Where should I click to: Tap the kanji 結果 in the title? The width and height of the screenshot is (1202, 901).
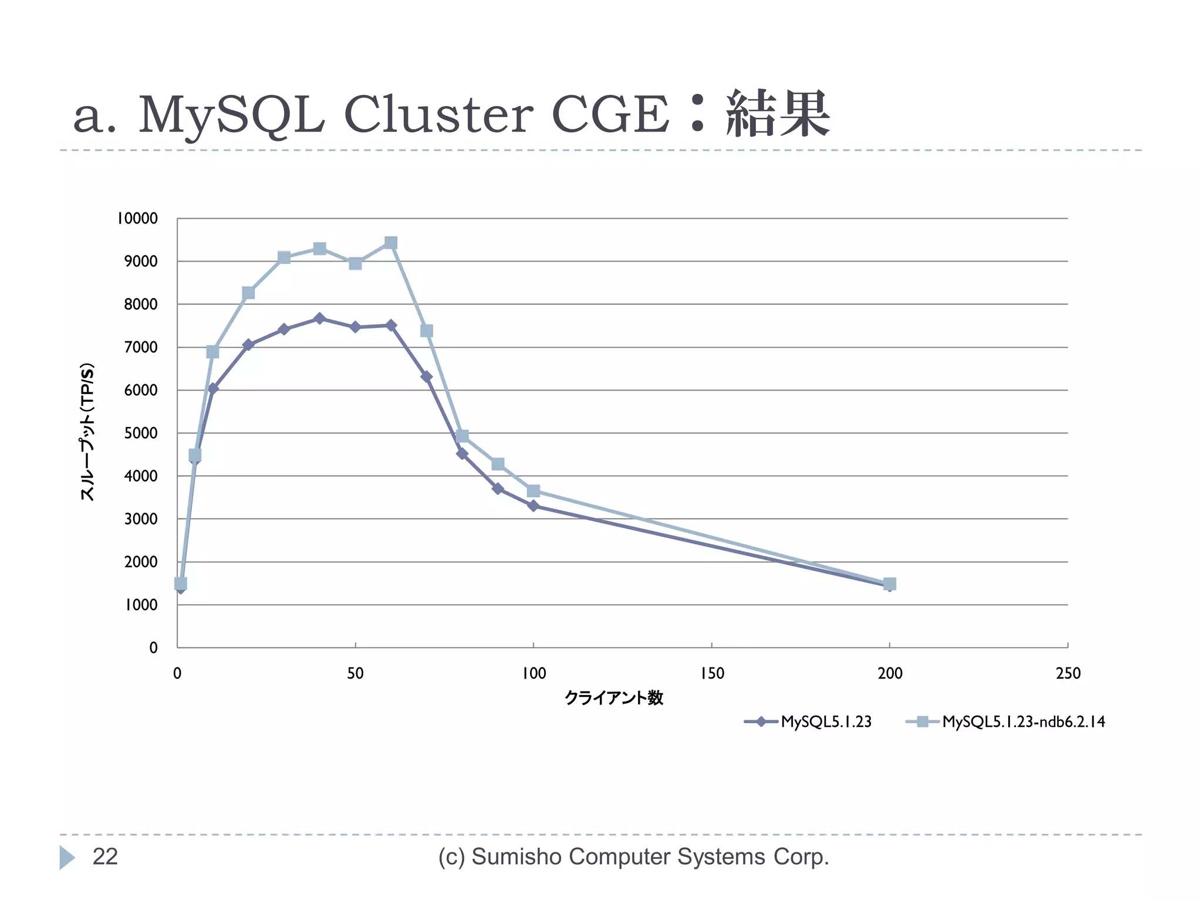pyautogui.click(x=778, y=114)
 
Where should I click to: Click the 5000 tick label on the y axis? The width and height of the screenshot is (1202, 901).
pyautogui.click(x=141, y=433)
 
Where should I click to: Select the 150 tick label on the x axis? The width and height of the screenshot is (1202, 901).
pyautogui.click(x=711, y=673)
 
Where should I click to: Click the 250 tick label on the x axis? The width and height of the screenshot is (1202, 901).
pyautogui.click(x=1068, y=673)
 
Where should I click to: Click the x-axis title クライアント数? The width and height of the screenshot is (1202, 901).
pyautogui.click(x=614, y=698)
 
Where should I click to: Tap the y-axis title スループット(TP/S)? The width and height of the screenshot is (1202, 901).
pyautogui.click(x=87, y=432)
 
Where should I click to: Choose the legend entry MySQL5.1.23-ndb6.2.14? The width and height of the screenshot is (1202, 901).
pyautogui.click(x=1024, y=722)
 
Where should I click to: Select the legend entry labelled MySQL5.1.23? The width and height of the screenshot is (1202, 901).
pyautogui.click(x=826, y=722)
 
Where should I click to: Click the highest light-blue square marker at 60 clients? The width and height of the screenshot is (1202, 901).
pyautogui.click(x=391, y=243)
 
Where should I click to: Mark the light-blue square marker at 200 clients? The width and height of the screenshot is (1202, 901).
pyautogui.click(x=889, y=584)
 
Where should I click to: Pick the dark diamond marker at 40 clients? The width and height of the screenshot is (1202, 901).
pyautogui.click(x=319, y=319)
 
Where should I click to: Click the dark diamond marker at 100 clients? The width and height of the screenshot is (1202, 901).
pyautogui.click(x=533, y=506)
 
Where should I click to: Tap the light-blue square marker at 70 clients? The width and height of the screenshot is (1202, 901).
pyautogui.click(x=427, y=331)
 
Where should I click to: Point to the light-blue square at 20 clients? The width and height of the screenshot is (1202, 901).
pyautogui.click(x=248, y=293)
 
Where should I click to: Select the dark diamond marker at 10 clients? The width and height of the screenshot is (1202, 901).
pyautogui.click(x=213, y=388)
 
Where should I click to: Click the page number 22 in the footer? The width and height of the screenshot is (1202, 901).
pyautogui.click(x=105, y=857)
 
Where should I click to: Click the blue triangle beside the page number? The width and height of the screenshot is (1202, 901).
pyautogui.click(x=67, y=858)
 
